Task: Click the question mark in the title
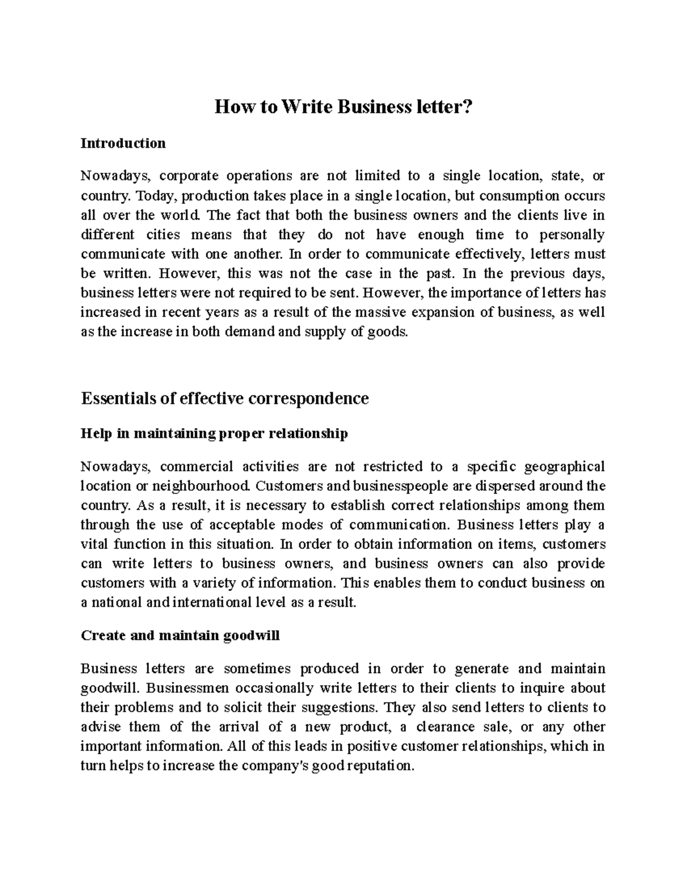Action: (x=469, y=107)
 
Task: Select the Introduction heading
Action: (x=123, y=143)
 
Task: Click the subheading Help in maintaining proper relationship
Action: (x=215, y=434)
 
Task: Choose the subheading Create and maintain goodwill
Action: (x=180, y=636)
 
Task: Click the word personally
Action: (x=574, y=235)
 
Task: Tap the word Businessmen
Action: (x=177, y=688)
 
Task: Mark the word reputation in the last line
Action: (x=378, y=766)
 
